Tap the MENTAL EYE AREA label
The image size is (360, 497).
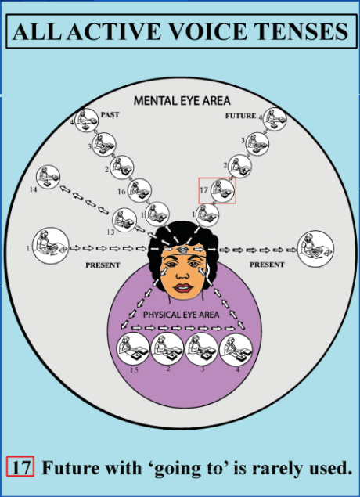(x=182, y=101)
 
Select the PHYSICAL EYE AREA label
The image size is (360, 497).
(x=181, y=315)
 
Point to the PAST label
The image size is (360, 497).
(x=110, y=115)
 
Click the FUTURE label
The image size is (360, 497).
(x=240, y=116)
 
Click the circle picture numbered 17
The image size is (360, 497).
(x=223, y=190)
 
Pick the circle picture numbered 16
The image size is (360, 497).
(x=139, y=190)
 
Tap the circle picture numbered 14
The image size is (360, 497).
(x=49, y=177)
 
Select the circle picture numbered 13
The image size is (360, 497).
(x=124, y=220)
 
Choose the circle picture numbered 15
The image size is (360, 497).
(x=133, y=348)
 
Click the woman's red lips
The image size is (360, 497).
(x=182, y=288)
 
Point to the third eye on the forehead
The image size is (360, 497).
(x=182, y=250)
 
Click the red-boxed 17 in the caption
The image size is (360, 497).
(x=20, y=466)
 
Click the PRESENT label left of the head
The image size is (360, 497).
(x=103, y=265)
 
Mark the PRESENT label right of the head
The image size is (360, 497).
(x=267, y=265)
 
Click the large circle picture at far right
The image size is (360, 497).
(x=315, y=249)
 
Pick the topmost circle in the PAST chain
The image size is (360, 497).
(x=86, y=121)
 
